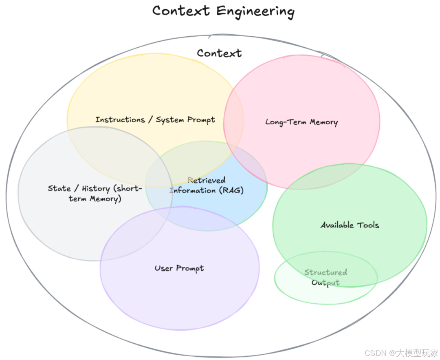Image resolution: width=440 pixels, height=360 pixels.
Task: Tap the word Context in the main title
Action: pyautogui.click(x=182, y=10)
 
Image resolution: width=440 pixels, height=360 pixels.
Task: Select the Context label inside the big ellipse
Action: pyautogui.click(x=219, y=53)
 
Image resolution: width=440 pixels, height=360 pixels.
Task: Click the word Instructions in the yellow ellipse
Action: pyautogui.click(x=120, y=120)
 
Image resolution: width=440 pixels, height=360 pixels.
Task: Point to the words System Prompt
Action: pyautogui.click(x=185, y=120)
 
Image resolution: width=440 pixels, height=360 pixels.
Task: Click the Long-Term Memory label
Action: pyautogui.click(x=301, y=122)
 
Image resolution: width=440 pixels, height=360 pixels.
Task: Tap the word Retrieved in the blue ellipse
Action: pyautogui.click(x=207, y=180)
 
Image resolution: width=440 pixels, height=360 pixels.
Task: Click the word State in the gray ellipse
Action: pyautogui.click(x=59, y=188)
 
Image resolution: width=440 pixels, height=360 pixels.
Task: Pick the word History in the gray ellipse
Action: pyautogui.click(x=96, y=189)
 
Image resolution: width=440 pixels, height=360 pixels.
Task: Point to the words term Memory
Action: pyautogui.click(x=95, y=199)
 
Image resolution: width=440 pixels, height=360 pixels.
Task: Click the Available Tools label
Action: pyautogui.click(x=350, y=225)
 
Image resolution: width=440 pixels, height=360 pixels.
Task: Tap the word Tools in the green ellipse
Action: pyautogui.click(x=368, y=225)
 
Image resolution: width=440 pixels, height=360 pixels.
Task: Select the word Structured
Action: pyautogui.click(x=326, y=272)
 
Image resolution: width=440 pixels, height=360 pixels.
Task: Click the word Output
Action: pyautogui.click(x=326, y=283)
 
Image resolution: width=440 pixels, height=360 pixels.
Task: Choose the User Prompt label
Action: pyautogui.click(x=179, y=268)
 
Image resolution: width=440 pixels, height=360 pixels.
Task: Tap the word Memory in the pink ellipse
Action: pyautogui.click(x=323, y=122)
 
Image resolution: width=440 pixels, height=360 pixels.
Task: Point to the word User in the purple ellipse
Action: pyautogui.click(x=164, y=268)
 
